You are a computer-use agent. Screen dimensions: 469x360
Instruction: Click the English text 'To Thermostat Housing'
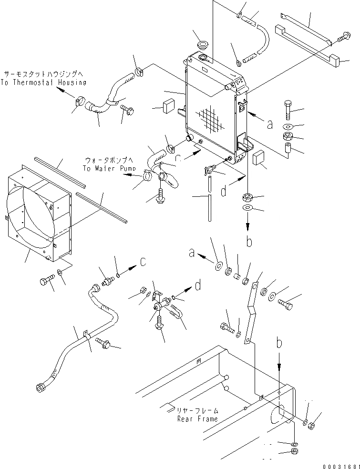tap(43, 82)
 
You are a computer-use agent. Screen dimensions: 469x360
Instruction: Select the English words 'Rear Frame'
tap(197, 419)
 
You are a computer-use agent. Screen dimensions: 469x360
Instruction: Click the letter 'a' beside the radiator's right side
tap(270, 124)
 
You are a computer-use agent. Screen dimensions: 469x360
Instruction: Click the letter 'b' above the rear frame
tap(248, 241)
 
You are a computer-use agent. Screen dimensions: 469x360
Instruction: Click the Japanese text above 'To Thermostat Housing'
tap(43, 74)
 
